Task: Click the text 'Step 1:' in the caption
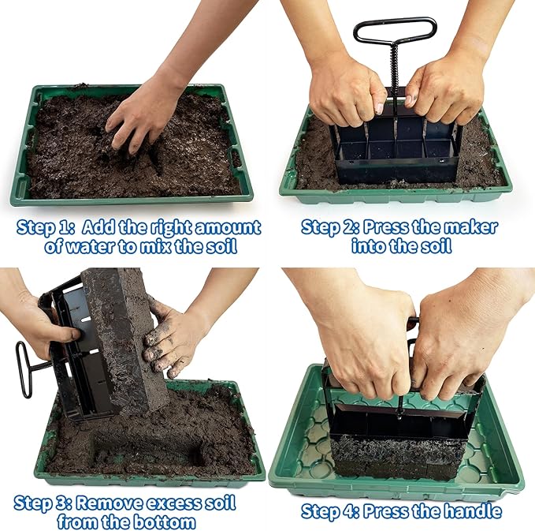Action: [x=45, y=228]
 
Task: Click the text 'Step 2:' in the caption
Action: [x=329, y=228]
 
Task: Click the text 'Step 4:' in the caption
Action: [x=329, y=511]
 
